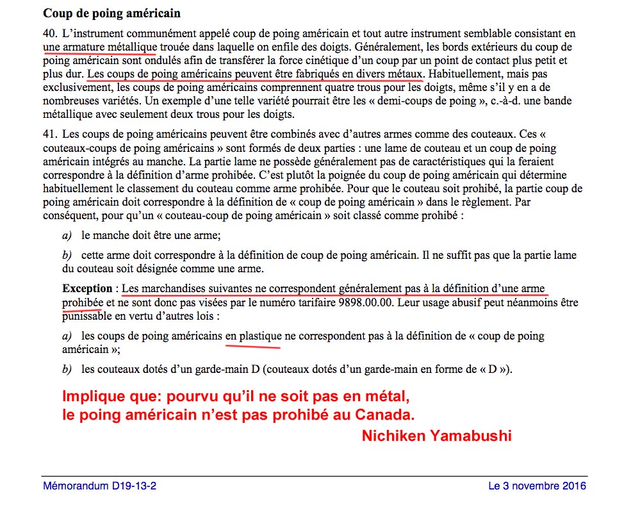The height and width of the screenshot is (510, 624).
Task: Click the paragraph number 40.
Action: (x=51, y=34)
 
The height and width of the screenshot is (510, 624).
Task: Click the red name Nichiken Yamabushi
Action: (x=436, y=436)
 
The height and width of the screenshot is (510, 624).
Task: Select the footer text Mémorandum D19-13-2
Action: (x=99, y=486)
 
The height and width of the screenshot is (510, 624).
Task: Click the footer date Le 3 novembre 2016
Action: (x=537, y=486)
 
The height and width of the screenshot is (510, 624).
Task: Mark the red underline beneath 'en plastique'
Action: (x=254, y=347)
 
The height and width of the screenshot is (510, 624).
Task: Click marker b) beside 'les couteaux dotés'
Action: (x=67, y=370)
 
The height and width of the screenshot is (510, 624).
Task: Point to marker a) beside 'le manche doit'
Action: (x=67, y=235)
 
